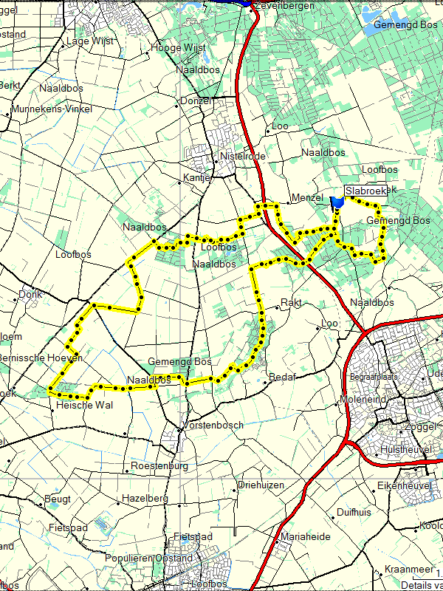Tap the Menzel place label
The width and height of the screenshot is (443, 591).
(308, 198)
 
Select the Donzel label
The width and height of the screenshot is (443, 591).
(196, 100)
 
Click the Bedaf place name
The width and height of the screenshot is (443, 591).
(283, 377)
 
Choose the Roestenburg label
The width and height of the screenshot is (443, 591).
(159, 466)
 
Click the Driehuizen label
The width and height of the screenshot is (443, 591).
(261, 485)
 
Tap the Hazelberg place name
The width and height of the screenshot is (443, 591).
(145, 499)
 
